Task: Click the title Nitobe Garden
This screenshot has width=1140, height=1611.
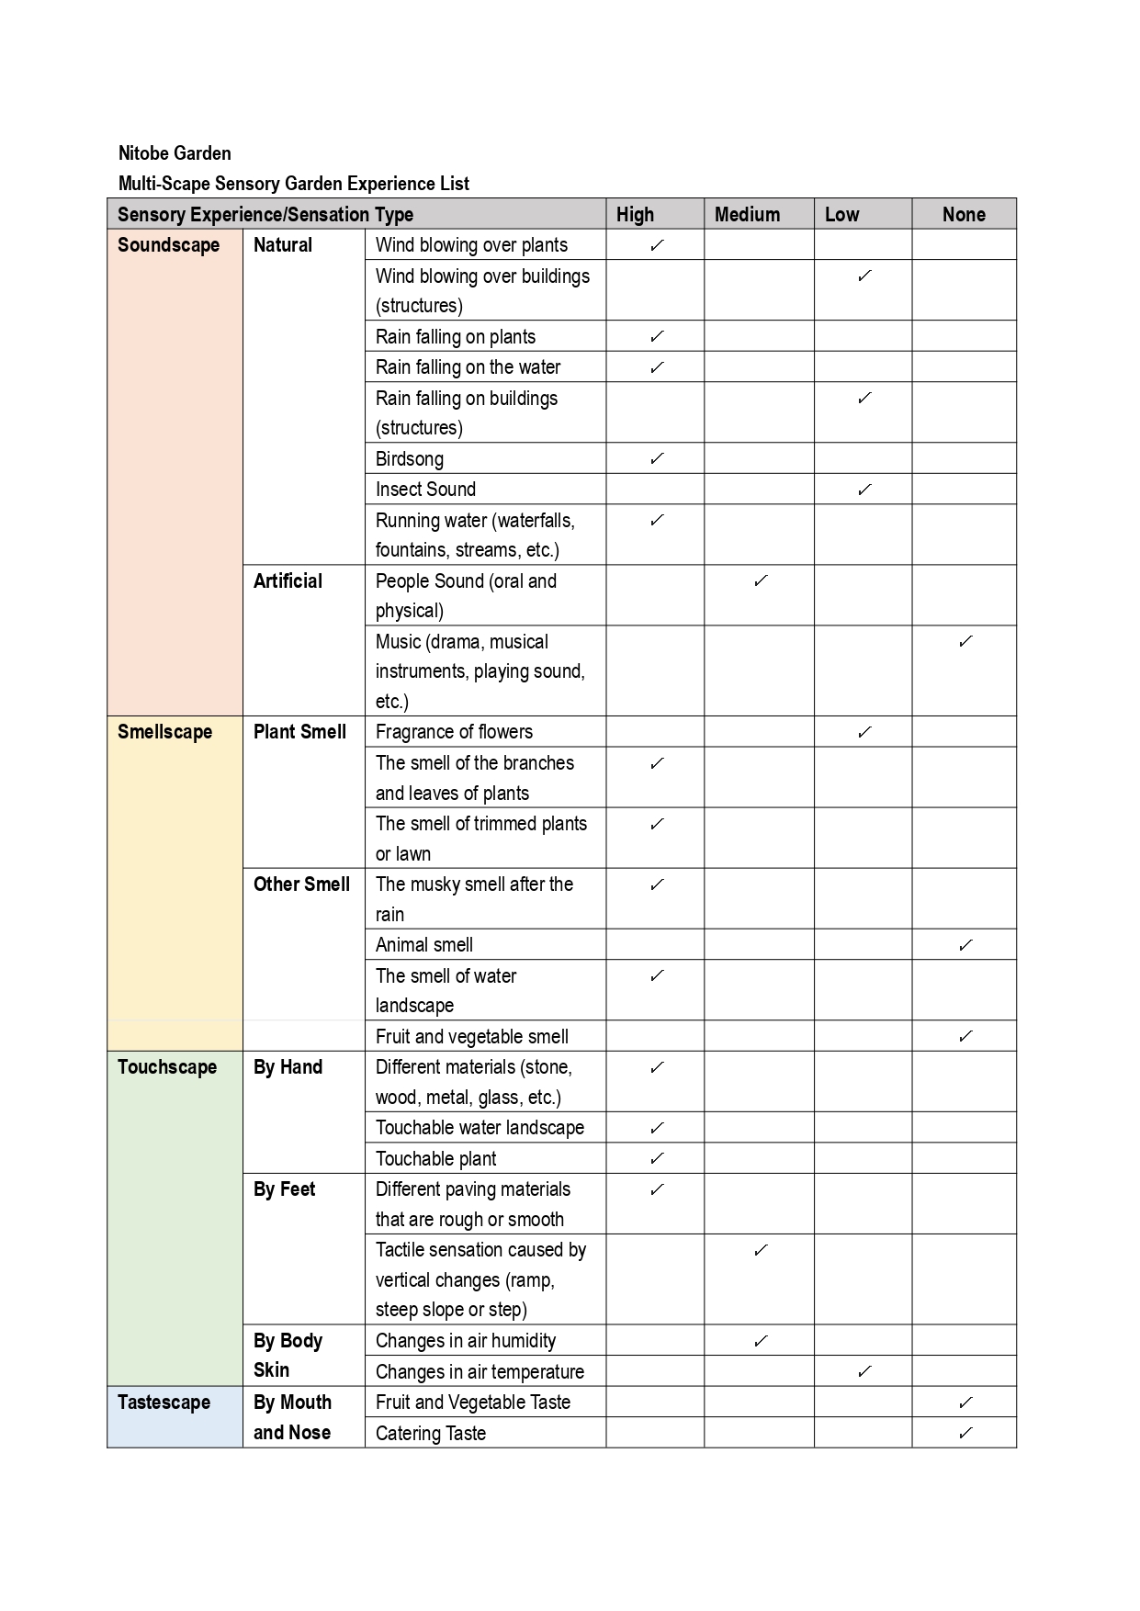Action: [175, 153]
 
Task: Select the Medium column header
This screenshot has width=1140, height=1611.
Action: [747, 214]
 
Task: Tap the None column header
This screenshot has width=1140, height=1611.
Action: [963, 214]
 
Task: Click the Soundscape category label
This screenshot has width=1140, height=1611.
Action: [168, 245]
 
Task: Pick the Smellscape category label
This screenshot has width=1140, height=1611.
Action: [164, 732]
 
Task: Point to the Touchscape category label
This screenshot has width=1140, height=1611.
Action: [167, 1067]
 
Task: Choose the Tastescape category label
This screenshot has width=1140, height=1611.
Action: [164, 1403]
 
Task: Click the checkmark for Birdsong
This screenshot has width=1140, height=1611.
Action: [657, 458]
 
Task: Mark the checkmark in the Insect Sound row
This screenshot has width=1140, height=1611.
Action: [864, 490]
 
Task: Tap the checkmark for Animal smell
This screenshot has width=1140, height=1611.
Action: [965, 945]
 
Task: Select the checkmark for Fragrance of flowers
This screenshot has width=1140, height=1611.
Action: [864, 732]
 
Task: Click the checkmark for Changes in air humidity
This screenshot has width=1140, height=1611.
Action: [761, 1341]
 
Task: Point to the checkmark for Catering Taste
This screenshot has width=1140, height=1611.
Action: [965, 1433]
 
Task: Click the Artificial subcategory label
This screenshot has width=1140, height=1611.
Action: [288, 581]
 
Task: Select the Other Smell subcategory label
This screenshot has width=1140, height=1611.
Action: [301, 884]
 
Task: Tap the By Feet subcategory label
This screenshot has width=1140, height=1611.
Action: [284, 1189]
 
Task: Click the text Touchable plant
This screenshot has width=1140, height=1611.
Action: [435, 1159]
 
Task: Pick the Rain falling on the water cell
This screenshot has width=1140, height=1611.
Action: [468, 367]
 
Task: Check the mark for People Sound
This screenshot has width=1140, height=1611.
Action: [761, 581]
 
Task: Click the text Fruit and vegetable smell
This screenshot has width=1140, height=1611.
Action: [471, 1037]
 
